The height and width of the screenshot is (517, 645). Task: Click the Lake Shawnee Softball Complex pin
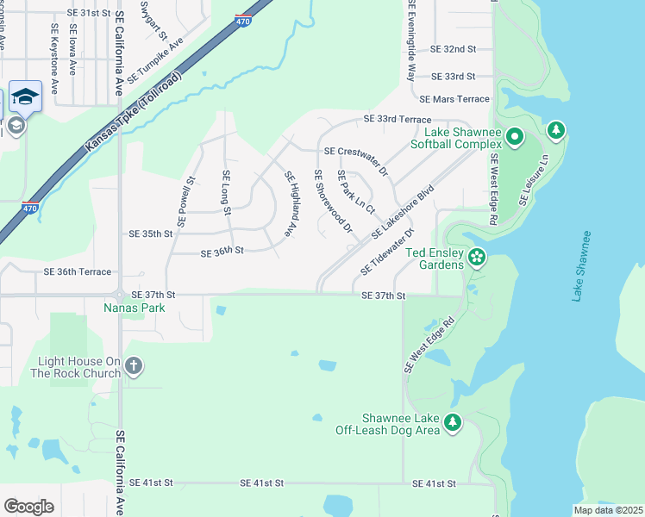click(x=515, y=137)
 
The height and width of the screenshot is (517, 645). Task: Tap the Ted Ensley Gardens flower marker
click(x=476, y=257)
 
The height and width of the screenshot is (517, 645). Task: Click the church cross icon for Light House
click(x=133, y=366)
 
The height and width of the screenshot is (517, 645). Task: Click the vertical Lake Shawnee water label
click(x=582, y=265)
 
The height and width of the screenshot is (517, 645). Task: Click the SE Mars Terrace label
click(x=454, y=100)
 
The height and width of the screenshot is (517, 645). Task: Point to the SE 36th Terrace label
click(x=78, y=271)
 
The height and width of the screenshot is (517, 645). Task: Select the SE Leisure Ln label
click(x=534, y=180)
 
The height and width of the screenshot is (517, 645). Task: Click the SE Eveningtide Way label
click(x=411, y=40)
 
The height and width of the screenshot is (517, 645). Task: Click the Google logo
click(x=28, y=506)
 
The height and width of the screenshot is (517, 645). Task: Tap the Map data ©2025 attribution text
click(x=607, y=510)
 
